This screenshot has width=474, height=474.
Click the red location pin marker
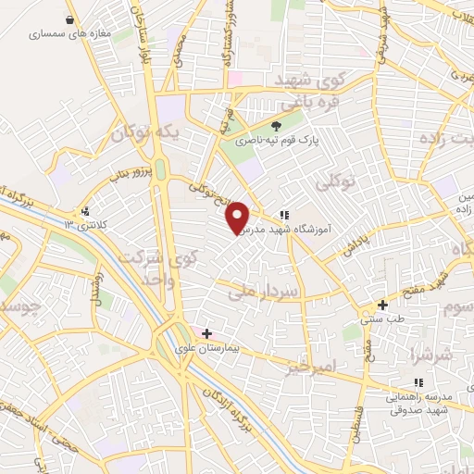[238, 217]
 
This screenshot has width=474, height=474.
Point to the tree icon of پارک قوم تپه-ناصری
[275, 126]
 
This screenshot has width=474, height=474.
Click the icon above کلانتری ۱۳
[86, 211]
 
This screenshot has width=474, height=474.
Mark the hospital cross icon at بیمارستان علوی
[206, 333]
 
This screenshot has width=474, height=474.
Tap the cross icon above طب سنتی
[382, 305]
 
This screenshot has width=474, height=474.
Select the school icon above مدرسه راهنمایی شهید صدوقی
[418, 382]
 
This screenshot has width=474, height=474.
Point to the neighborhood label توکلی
[335, 181]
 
